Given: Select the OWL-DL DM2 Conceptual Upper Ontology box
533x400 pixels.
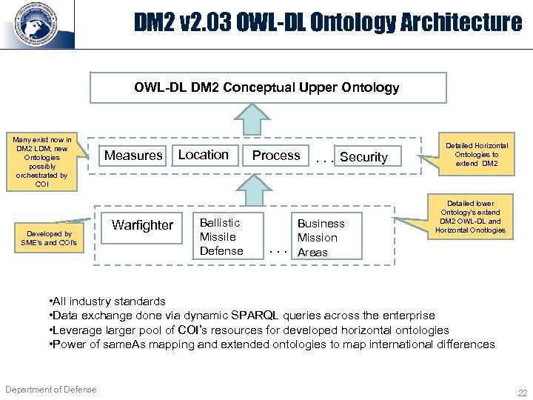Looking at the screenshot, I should point(266,87).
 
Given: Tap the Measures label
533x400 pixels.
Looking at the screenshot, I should point(133,156).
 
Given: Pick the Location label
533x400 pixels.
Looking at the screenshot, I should point(203,155).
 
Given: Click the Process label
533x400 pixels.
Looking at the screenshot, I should point(276,156).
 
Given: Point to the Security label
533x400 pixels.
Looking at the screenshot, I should point(363,157).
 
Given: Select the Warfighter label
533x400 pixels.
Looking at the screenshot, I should point(142,224).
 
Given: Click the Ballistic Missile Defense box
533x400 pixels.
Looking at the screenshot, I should point(221,237).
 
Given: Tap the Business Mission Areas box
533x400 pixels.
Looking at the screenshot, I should point(321,238).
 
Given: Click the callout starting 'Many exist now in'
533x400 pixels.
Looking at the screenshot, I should point(42,162).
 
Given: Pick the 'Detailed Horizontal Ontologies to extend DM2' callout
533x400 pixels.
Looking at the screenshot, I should point(476,154).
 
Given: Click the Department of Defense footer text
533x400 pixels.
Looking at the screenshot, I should point(50,390).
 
